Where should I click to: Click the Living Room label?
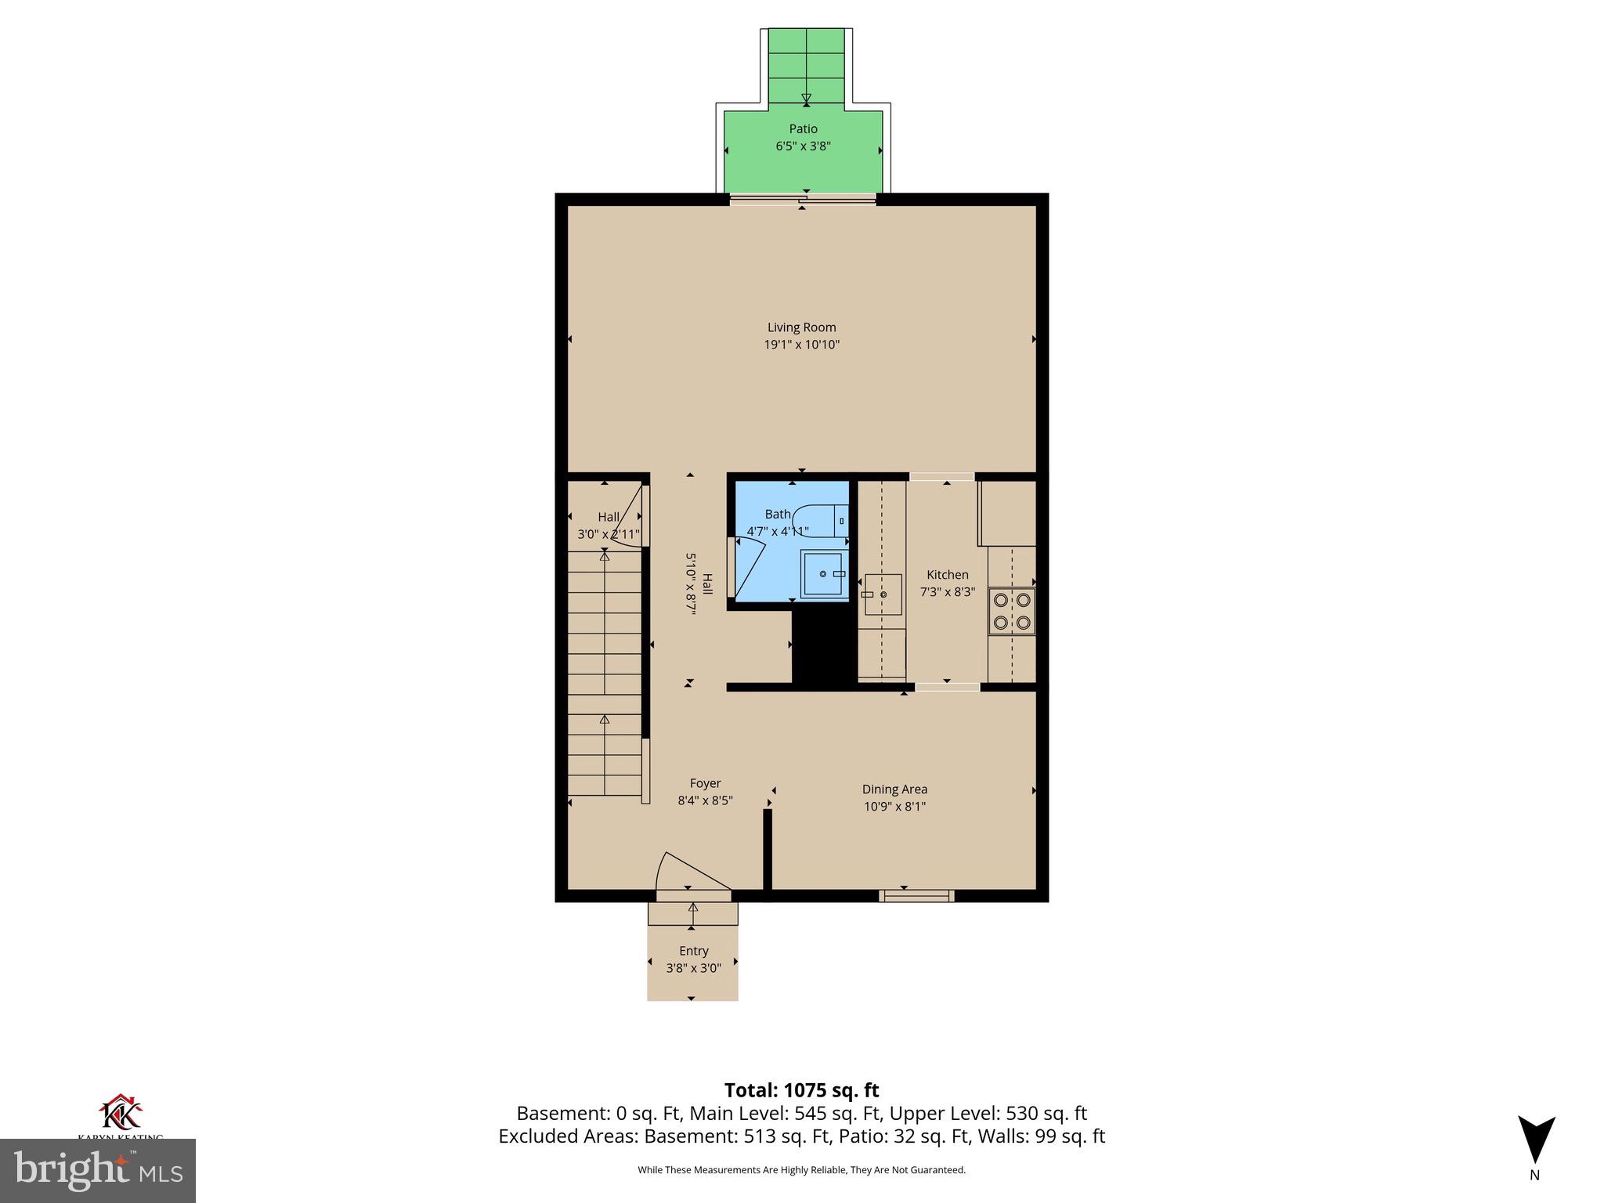click(x=801, y=327)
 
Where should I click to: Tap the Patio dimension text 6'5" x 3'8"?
click(x=803, y=146)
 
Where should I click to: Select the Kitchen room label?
click(x=948, y=575)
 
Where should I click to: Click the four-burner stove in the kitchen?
click(x=1012, y=612)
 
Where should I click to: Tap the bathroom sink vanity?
click(x=824, y=575)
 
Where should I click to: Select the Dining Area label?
click(x=894, y=789)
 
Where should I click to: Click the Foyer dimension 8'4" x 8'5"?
click(x=705, y=800)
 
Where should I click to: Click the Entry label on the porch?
click(x=693, y=951)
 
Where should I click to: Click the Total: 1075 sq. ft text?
click(x=801, y=1090)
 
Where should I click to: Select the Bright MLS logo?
click(x=98, y=1170)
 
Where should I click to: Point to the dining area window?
click(x=916, y=895)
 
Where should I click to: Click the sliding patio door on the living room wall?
click(x=803, y=200)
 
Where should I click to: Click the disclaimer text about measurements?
click(x=801, y=1170)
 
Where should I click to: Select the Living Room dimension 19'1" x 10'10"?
click(x=801, y=345)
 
